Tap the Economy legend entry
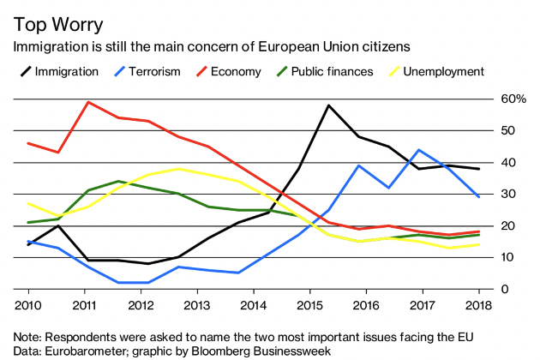point(233,71)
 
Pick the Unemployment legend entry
point(444,71)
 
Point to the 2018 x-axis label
point(478,306)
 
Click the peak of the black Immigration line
point(328,105)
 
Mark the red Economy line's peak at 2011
point(88,102)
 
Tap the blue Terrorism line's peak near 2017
point(418,150)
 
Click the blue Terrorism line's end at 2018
point(478,197)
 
